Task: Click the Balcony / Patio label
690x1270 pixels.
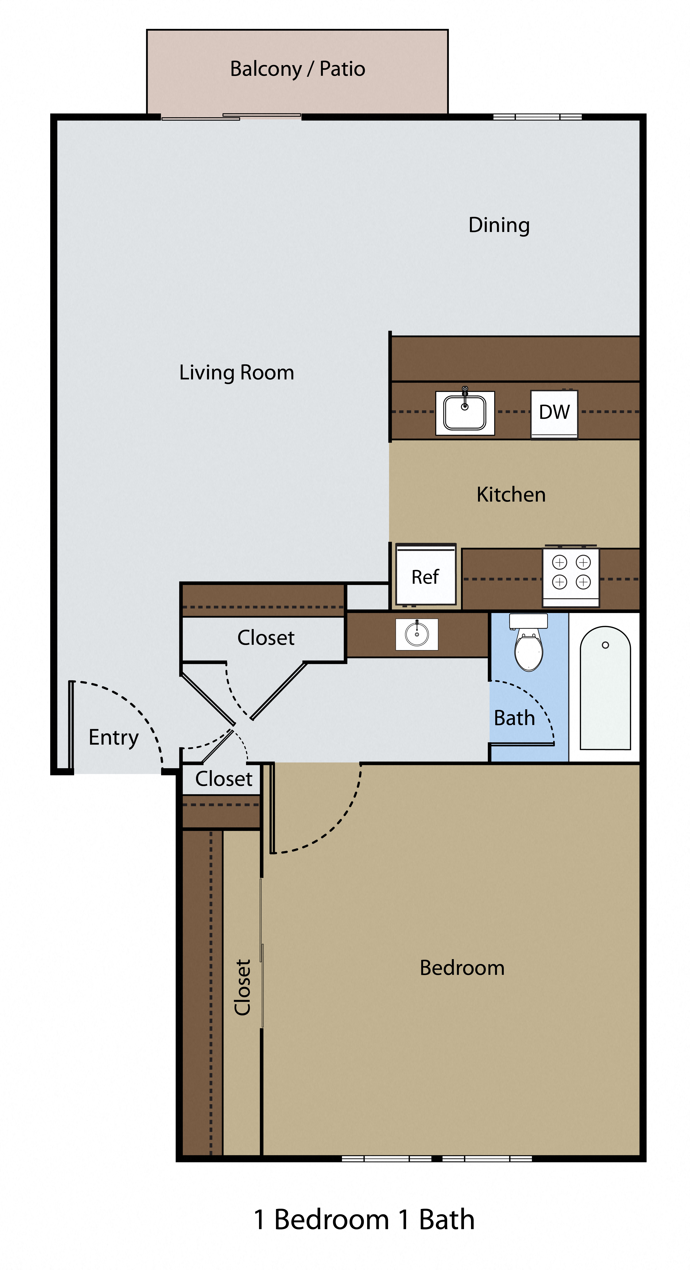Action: coord(297,69)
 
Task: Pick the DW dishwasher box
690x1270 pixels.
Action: coord(554,413)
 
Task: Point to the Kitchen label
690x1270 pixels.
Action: coord(511,495)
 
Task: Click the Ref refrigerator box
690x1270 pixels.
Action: coord(425,576)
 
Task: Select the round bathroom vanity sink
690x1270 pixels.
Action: coord(417,635)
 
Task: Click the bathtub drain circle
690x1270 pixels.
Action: coord(605,645)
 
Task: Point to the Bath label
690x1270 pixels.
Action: coord(514,718)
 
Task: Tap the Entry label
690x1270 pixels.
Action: coord(113,738)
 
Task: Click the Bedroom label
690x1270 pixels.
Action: coord(462,968)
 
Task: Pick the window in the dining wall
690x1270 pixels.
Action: coord(538,117)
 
